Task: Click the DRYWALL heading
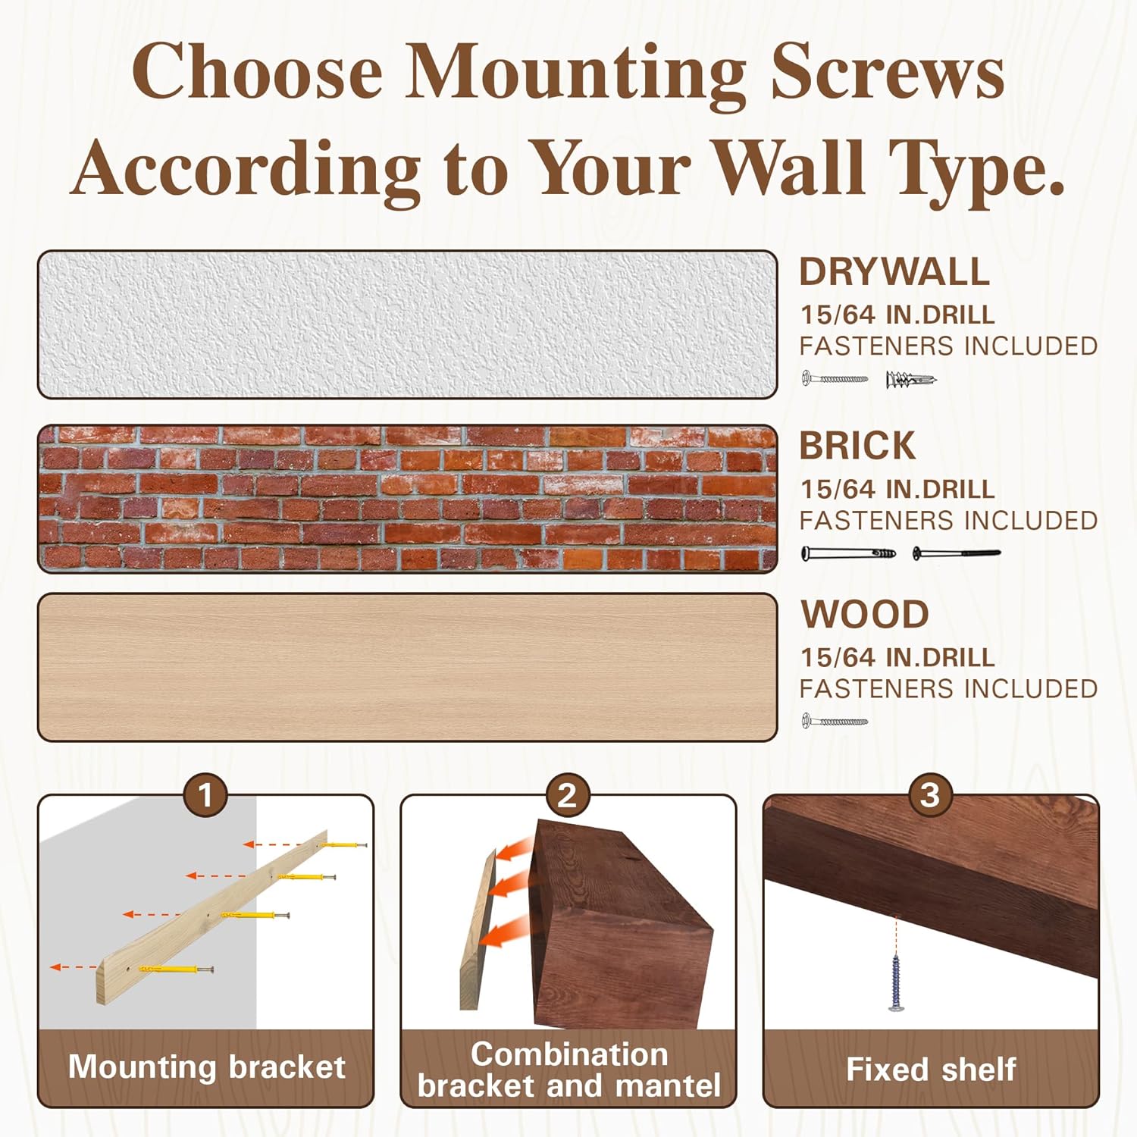894,272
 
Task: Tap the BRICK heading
857,446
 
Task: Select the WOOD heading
865,615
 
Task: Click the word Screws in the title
888,71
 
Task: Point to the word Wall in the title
790,168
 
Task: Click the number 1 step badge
205,795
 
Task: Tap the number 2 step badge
567,795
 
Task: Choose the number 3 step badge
929,795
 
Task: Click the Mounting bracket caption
206,1067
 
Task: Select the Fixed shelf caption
930,1070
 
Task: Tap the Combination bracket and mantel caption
568,1070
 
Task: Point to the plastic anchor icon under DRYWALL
910,379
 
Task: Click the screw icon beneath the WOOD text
835,722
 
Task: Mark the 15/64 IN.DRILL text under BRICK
897,490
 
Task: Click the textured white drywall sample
407,324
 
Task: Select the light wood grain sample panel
407,667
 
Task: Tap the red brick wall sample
407,499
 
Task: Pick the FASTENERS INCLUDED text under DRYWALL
948,346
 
